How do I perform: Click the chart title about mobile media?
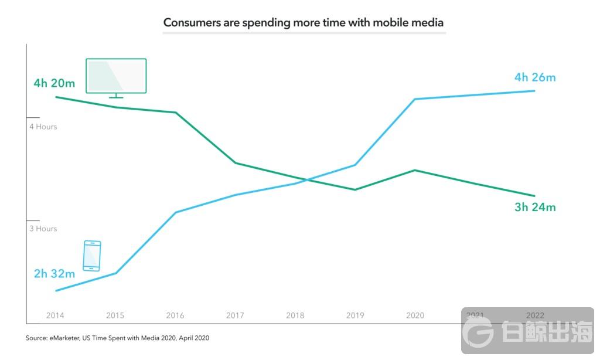[303, 23]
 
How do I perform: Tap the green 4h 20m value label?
[54, 83]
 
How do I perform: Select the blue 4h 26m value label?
[534, 77]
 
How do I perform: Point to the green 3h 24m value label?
[534, 207]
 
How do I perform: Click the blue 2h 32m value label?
[54, 274]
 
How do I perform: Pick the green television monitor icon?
[116, 77]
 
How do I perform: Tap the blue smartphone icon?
[92, 256]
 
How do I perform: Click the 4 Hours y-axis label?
[43, 127]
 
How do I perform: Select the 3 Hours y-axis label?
[43, 229]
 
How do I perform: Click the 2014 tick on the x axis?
[55, 315]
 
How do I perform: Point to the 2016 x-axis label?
[175, 315]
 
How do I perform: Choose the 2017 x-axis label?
[235, 315]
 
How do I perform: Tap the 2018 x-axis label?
[295, 315]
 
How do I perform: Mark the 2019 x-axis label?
[355, 315]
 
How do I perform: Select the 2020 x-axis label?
[415, 315]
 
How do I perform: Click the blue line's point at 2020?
[415, 99]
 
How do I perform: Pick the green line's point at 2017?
[235, 162]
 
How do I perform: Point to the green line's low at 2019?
[355, 190]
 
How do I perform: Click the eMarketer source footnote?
[117, 338]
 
